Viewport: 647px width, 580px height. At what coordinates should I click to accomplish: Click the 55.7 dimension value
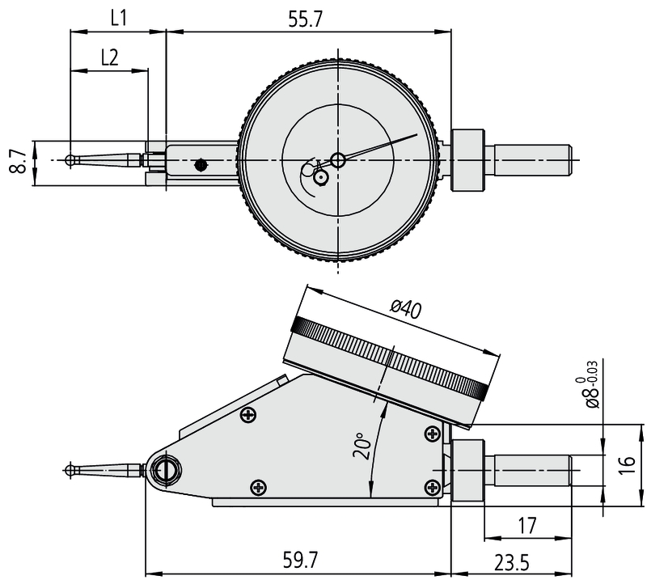[x=305, y=19]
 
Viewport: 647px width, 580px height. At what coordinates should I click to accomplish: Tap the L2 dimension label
[x=110, y=57]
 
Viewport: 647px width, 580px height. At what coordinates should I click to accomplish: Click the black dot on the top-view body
[x=200, y=166]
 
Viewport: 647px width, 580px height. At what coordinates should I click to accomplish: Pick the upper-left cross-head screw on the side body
[x=247, y=415]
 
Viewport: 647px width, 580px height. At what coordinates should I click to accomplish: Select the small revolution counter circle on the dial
[x=321, y=176]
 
